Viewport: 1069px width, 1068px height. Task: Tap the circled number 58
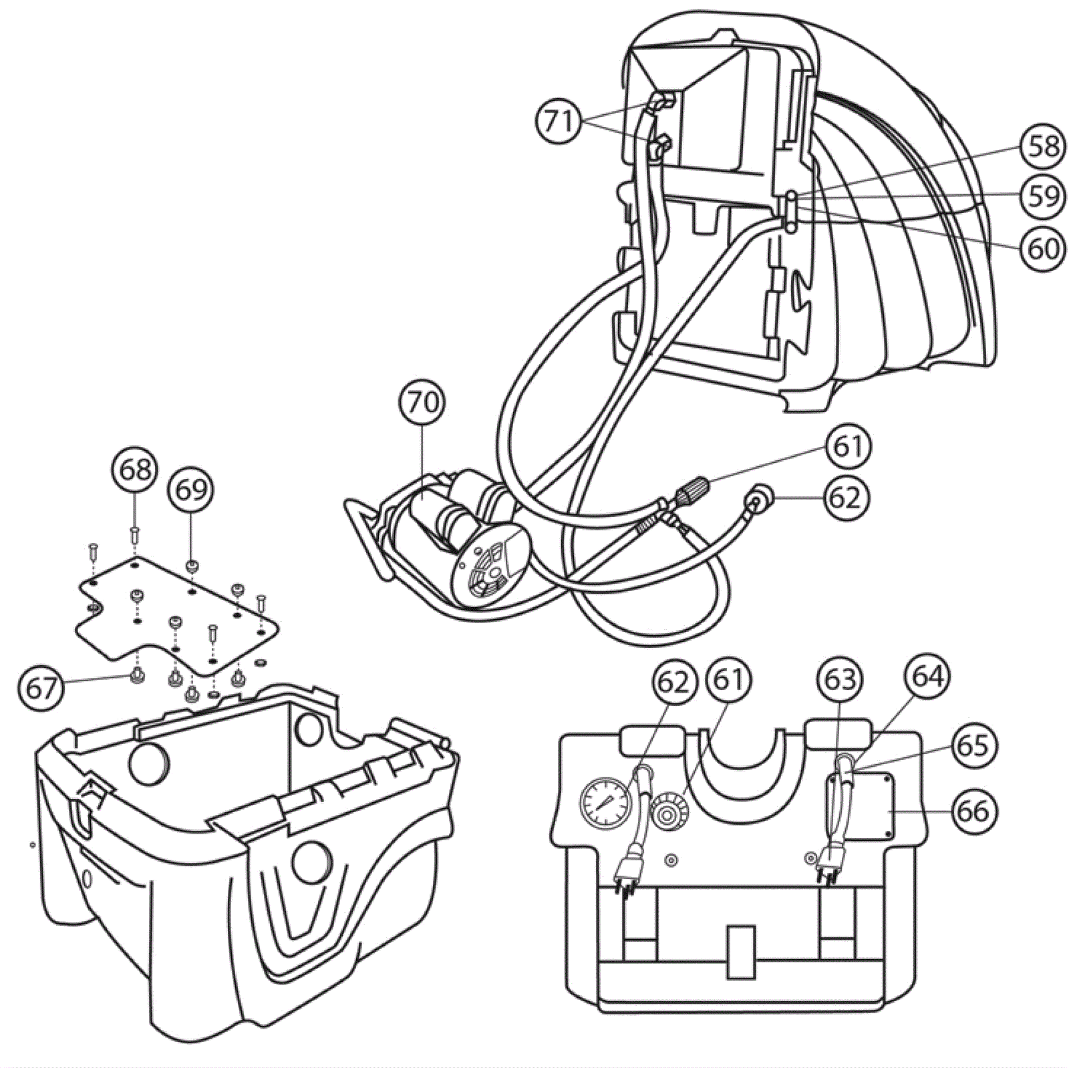tap(1043, 146)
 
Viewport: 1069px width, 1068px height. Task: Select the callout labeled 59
tap(1043, 196)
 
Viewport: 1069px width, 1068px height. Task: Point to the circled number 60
tap(1043, 248)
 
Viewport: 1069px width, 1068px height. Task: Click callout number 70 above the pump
tap(424, 403)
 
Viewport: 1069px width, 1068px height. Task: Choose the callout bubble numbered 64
tap(928, 677)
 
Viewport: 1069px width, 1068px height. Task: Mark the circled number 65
tap(973, 744)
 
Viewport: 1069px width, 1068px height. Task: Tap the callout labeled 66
tap(973, 812)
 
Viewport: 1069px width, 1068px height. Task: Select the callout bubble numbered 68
tap(135, 470)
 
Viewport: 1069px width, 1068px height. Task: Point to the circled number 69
tap(191, 490)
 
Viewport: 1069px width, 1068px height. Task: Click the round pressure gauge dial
tap(604, 803)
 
